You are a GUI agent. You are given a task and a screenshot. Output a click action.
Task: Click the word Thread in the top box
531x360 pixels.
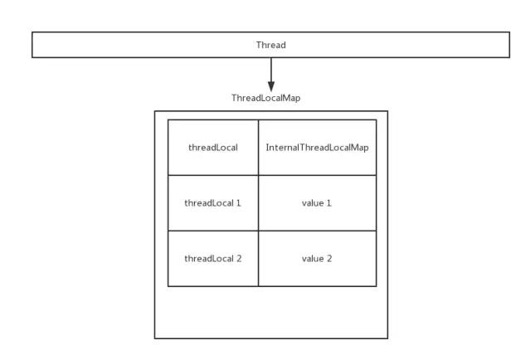(270, 45)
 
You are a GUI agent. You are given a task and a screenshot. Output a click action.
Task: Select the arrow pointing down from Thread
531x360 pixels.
(270, 75)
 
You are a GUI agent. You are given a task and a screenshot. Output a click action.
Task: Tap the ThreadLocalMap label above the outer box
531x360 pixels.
(265, 98)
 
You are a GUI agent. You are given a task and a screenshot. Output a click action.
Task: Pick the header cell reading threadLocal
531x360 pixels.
(212, 148)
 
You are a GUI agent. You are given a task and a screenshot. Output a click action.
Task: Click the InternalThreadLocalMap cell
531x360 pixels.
(317, 148)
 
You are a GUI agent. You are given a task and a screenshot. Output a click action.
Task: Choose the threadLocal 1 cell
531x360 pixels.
(212, 203)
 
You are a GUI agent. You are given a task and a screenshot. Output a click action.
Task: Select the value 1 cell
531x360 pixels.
(317, 203)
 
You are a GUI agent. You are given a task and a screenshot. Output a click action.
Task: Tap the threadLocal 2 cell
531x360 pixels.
(212, 259)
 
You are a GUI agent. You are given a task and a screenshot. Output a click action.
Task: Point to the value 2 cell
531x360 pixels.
(317, 259)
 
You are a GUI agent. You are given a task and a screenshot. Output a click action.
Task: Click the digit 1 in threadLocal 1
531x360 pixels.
(239, 203)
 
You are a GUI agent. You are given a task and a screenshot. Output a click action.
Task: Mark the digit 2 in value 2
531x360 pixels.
(329, 259)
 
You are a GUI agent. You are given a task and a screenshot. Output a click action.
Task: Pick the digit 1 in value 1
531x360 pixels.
(329, 203)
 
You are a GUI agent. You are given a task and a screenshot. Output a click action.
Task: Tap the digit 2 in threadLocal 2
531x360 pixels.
(239, 259)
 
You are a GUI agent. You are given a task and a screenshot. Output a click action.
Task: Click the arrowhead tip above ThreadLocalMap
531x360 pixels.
(270, 90)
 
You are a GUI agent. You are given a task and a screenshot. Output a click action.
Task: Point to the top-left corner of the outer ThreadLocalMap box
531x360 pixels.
(155, 111)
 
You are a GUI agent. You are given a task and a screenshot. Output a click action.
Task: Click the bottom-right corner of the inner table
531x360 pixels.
(376, 286)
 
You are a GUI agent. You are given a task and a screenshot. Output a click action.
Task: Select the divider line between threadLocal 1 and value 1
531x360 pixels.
(258, 203)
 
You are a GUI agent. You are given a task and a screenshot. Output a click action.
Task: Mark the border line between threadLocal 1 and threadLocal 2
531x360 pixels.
(212, 231)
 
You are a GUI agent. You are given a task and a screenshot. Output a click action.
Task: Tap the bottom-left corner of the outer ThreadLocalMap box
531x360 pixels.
(155, 338)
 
